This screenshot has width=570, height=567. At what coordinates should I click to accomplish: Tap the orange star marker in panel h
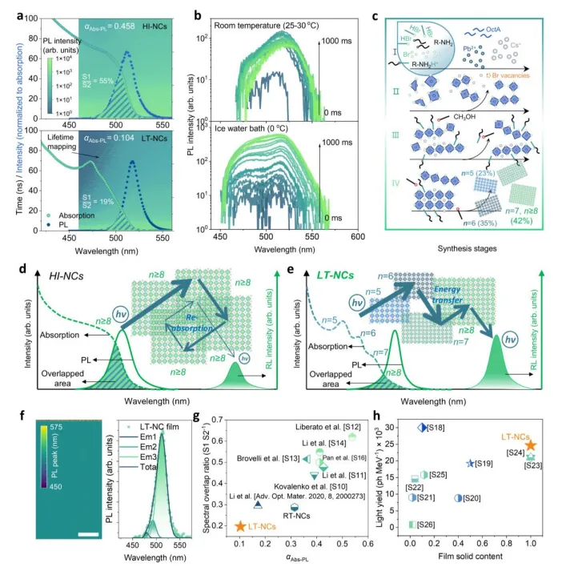(530, 445)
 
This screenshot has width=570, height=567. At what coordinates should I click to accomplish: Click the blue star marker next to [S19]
(471, 464)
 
